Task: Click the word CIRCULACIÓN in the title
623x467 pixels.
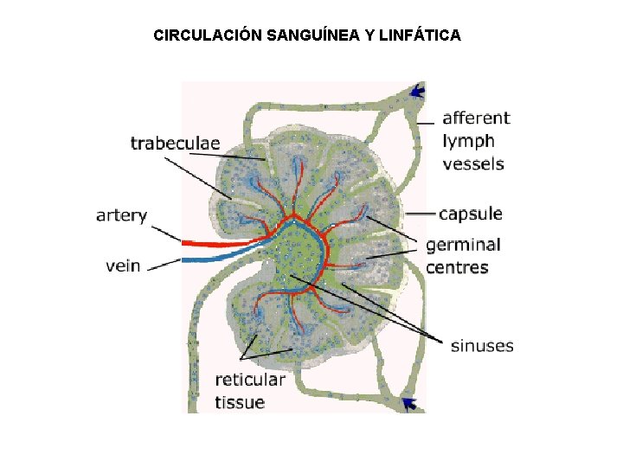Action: [208, 35]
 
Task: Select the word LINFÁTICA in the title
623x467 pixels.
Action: [420, 35]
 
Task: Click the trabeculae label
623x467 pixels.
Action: [175, 143]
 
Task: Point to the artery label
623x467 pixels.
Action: [121, 215]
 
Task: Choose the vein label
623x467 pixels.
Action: [123, 265]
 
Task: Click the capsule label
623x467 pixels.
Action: [470, 214]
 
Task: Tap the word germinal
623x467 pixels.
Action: [463, 246]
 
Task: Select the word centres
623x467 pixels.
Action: [457, 267]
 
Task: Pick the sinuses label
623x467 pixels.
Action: [482, 346]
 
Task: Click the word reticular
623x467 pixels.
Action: [250, 380]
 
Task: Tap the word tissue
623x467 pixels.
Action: [240, 401]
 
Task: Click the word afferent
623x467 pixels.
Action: [476, 118]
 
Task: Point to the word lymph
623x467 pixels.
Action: [468, 140]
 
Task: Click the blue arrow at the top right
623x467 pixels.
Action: [418, 90]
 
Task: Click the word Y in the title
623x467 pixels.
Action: [369, 35]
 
